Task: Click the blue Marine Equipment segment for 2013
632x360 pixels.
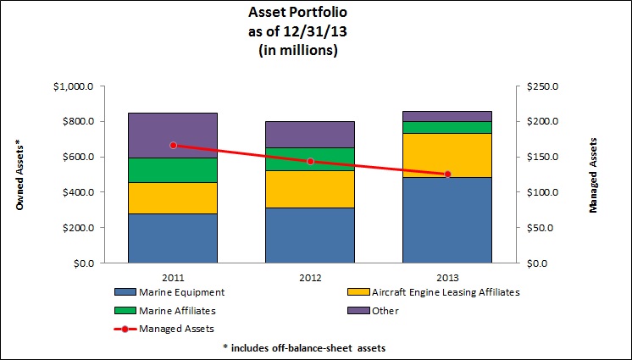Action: click(448, 219)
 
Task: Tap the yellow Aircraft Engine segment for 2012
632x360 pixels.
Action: click(311, 189)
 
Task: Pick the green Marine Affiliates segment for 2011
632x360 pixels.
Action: click(173, 170)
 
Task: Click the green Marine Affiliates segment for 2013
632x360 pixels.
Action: click(448, 127)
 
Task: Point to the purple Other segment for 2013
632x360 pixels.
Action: click(448, 116)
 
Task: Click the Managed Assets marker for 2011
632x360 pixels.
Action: click(173, 145)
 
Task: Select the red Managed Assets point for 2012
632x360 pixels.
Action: click(311, 161)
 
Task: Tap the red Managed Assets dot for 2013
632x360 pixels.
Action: click(448, 174)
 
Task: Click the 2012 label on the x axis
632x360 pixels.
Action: click(311, 276)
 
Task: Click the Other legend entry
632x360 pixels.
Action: click(385, 311)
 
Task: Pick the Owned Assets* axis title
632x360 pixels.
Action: click(19, 175)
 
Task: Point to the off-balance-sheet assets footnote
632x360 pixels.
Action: click(317, 347)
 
